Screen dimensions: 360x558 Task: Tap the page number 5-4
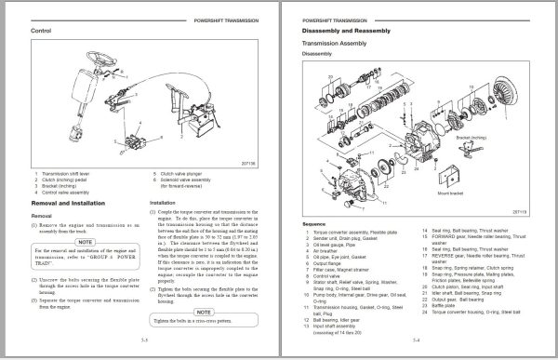tap(416, 340)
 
